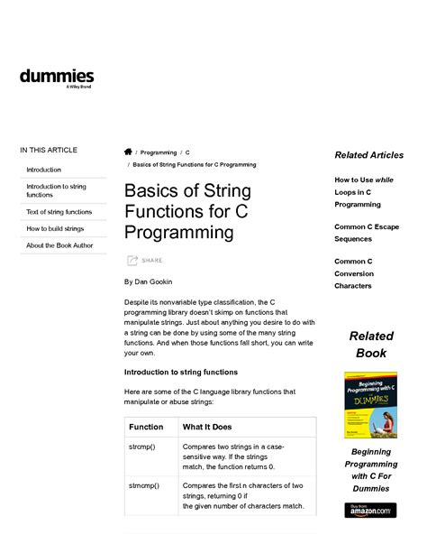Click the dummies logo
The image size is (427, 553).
coord(57,78)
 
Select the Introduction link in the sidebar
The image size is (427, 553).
coord(44,170)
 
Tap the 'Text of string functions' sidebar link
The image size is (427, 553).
coord(59,212)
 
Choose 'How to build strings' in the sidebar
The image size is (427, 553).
coord(55,229)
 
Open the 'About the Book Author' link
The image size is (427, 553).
coord(59,245)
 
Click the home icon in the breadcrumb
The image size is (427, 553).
coord(128,152)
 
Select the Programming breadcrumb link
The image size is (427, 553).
coord(159,153)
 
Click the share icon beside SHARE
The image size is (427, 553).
coord(132,261)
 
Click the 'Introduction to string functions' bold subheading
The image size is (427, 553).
coord(180,372)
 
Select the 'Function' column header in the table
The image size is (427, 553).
coord(146,427)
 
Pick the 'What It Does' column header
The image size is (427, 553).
coord(207,427)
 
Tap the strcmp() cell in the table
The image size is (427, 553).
coord(143,447)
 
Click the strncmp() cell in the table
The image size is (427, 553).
coord(144,485)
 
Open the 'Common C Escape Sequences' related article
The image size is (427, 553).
coord(366,233)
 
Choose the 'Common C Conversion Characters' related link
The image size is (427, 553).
coord(353,273)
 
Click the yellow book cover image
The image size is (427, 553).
coord(370,405)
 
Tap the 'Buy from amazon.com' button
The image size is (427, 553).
coord(370,511)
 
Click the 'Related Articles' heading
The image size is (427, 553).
coord(368,155)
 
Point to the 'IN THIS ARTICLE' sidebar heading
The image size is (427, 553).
coord(49,150)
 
